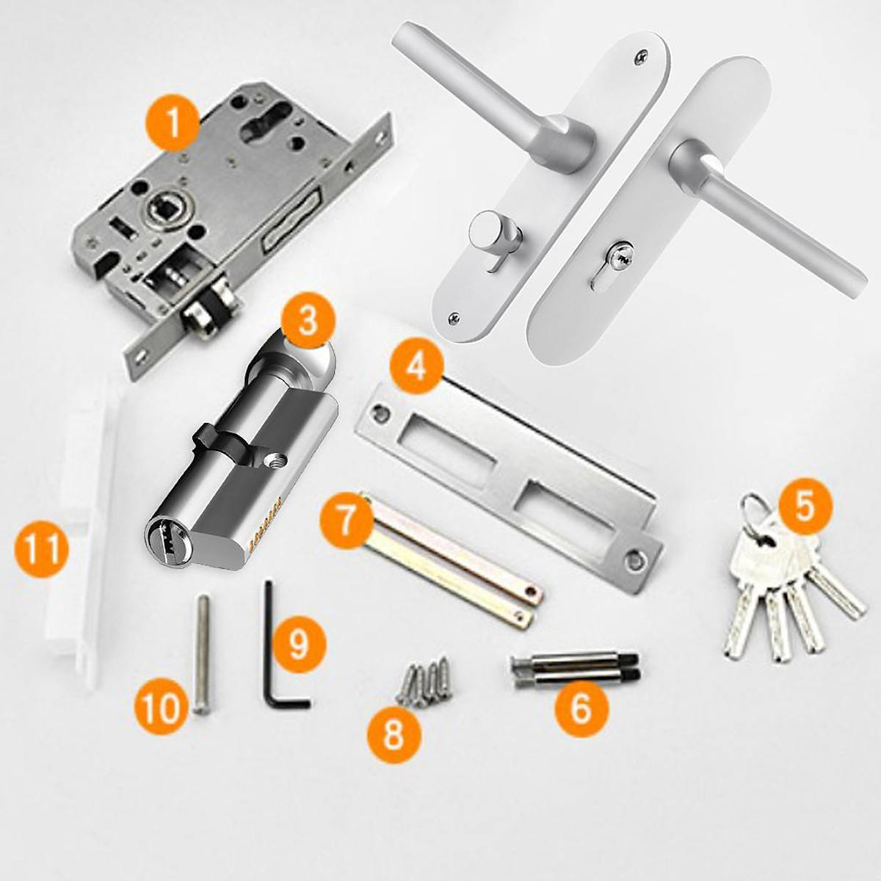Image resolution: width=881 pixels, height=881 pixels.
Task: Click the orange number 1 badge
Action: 173,122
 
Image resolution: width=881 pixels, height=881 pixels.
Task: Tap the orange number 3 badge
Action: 308,321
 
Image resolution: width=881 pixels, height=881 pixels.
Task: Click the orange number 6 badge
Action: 581,708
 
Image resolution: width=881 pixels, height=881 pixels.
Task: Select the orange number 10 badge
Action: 162,707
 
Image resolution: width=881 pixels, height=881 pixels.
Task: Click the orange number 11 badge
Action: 42,549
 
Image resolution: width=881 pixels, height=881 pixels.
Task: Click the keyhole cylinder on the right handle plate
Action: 620,260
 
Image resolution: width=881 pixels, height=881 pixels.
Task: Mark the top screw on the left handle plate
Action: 639,55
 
